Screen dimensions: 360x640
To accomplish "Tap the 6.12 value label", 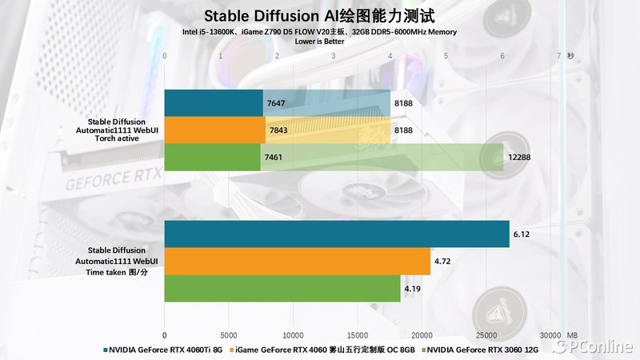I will point(522,234).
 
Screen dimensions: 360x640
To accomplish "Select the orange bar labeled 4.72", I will point(297,261).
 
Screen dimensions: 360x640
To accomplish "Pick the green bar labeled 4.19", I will point(282,288).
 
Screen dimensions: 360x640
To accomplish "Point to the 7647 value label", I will point(275,104).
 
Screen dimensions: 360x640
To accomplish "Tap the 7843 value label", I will point(277,130).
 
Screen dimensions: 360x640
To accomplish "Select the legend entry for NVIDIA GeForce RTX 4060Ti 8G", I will point(165,350).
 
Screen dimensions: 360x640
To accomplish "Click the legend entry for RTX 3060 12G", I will point(483,350).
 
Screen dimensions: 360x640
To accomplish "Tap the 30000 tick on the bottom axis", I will point(550,334).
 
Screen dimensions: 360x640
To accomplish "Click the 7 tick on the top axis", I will point(558,56).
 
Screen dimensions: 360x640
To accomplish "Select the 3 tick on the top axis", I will point(333,56).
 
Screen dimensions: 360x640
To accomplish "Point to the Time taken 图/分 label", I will point(117,272).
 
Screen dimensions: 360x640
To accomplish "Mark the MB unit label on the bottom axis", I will point(572,334).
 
